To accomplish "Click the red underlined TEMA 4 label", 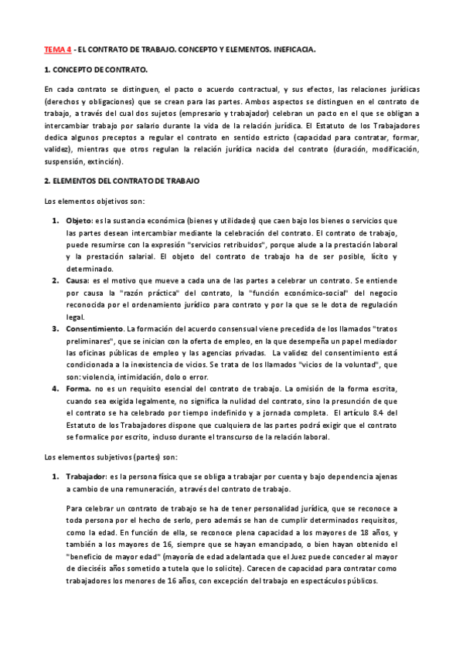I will click(57, 49).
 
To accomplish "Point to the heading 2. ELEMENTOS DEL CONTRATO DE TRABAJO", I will click(121, 181).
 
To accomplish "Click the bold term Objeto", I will click(80, 221).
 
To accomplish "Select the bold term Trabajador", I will click(87, 476).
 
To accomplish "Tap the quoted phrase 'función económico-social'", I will click(298, 294).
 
